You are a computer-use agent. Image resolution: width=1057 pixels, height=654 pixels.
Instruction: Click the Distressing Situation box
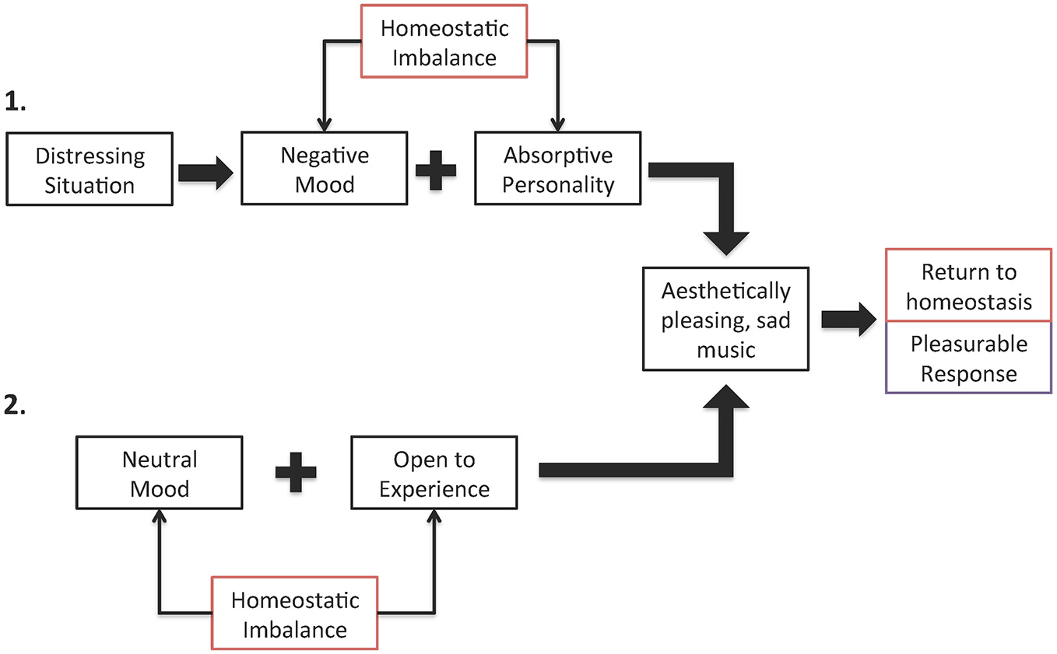(90, 170)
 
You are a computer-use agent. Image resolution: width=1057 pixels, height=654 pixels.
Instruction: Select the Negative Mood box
(324, 169)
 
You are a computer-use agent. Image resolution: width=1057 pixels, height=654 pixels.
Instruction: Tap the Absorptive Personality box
(557, 169)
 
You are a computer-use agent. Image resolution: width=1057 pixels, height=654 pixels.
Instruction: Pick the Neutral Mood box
(159, 474)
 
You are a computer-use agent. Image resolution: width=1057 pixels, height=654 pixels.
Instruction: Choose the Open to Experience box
(434, 474)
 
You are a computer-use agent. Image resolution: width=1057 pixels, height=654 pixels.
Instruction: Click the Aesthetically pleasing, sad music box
(725, 319)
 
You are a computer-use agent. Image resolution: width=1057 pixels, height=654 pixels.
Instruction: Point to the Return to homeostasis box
(968, 286)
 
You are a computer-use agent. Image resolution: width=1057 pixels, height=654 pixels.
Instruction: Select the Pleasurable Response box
(968, 358)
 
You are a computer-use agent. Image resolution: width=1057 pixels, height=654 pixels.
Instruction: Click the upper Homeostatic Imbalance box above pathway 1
(444, 41)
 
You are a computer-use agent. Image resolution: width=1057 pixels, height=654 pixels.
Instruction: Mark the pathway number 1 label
(16, 101)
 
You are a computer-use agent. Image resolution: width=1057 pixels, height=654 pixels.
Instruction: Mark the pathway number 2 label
(16, 405)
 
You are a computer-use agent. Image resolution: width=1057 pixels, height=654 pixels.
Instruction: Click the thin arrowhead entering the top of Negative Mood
(325, 124)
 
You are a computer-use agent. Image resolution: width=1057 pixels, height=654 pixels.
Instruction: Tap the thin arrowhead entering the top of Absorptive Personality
(557, 124)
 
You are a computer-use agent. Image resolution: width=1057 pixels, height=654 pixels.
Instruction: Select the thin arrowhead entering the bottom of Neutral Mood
(160, 516)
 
